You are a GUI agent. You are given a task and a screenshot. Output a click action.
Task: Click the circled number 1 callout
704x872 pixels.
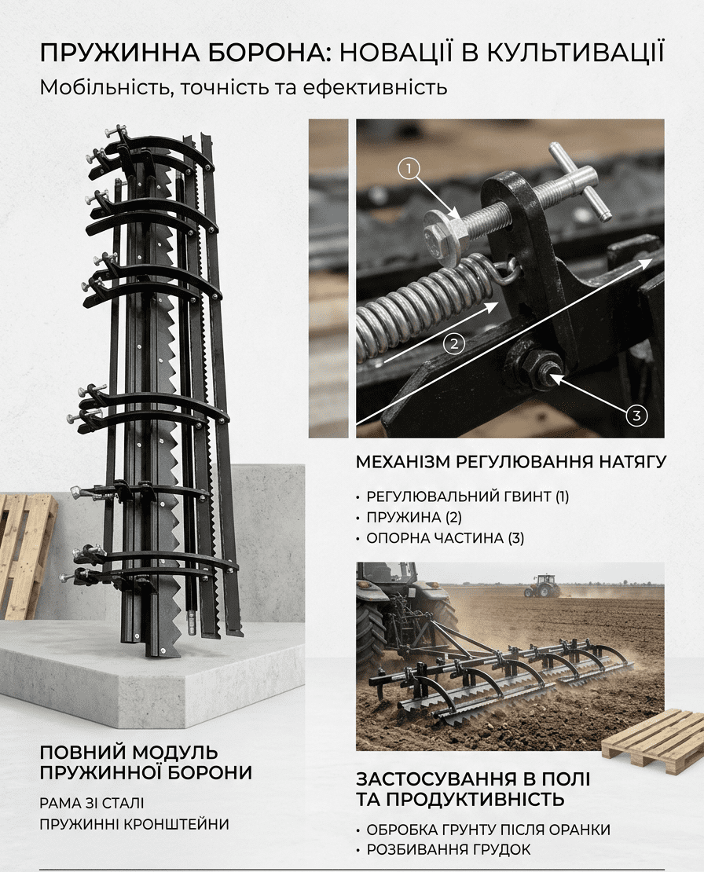pos(409,168)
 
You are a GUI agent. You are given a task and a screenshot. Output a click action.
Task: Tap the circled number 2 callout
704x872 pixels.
pos(454,343)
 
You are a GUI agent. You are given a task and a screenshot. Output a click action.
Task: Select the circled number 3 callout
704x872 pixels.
pos(636,415)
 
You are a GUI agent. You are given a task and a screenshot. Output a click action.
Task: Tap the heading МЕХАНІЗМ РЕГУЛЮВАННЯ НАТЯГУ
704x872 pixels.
pos(511,462)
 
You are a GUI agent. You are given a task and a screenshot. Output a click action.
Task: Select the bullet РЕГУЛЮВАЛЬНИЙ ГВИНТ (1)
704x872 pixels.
pos(467,496)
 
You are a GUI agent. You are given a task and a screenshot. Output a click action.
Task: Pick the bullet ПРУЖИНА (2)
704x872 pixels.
pos(414,517)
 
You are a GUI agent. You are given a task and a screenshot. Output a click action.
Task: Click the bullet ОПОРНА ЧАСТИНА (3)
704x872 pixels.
pos(445,538)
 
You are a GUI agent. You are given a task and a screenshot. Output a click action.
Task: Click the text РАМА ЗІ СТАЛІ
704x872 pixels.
pos(92,803)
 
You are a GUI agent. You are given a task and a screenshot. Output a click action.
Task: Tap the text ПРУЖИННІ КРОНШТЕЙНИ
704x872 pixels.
pos(134,823)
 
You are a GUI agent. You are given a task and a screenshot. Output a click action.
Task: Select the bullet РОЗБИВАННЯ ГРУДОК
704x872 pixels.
pos(448,849)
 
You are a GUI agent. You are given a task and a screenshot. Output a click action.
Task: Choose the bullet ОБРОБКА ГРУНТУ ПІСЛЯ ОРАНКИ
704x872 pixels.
pos(488,829)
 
